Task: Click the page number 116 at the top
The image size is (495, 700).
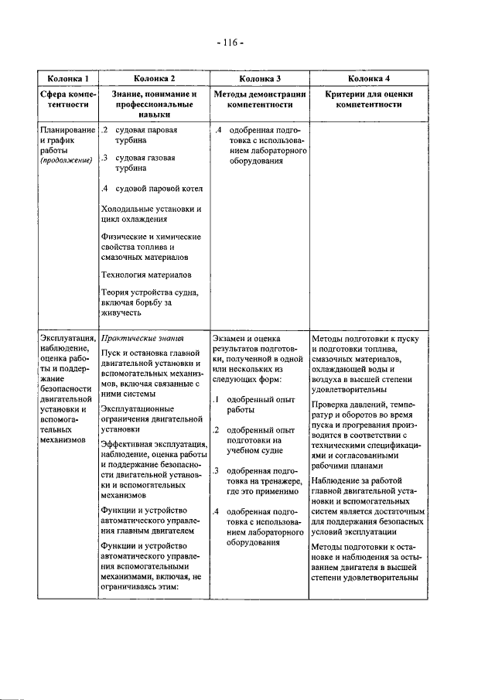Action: [230, 42]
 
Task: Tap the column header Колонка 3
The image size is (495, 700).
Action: [259, 79]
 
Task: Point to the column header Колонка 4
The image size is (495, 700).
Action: [368, 79]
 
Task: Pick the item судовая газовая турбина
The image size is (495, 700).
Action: [145, 163]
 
